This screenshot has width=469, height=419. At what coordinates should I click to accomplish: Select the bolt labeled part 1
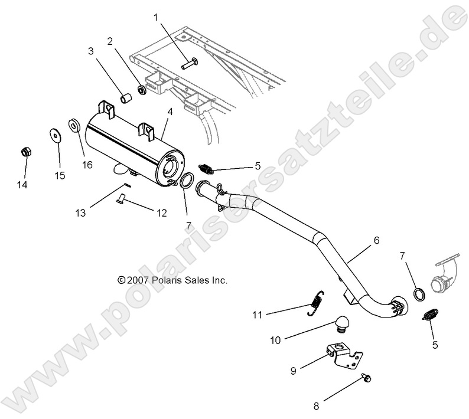click(190, 62)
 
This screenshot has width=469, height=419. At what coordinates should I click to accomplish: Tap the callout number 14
click(22, 185)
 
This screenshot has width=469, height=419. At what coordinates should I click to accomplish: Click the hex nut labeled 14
click(25, 152)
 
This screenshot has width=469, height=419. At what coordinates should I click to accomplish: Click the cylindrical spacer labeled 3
click(125, 98)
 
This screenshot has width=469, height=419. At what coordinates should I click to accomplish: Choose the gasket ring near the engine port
click(418, 293)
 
